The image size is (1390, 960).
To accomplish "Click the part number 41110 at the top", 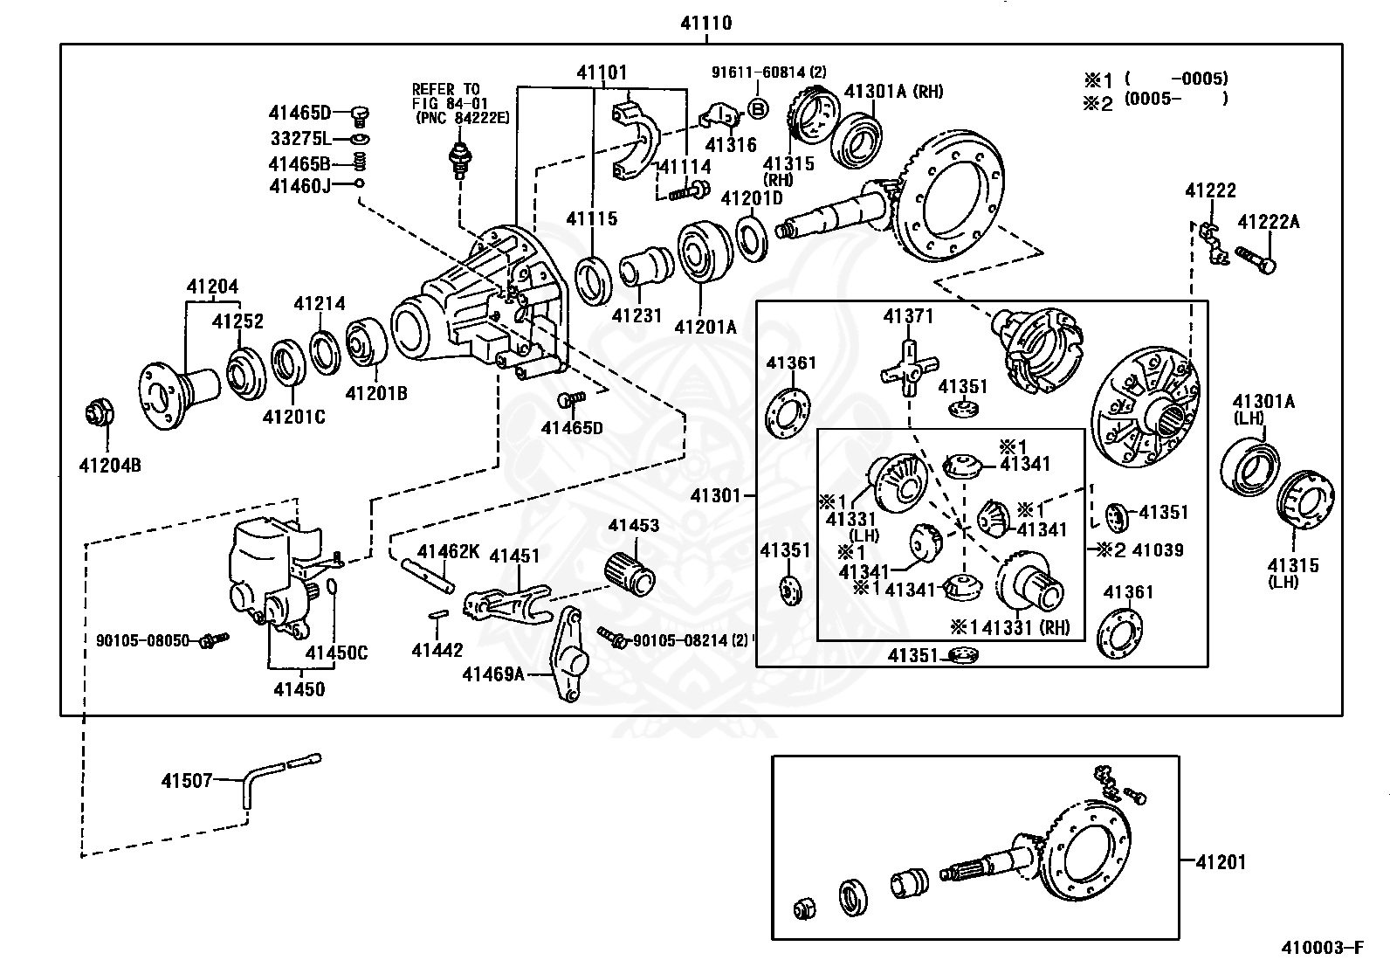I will click(x=706, y=24).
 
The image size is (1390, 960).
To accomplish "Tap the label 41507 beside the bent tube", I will click(x=186, y=780).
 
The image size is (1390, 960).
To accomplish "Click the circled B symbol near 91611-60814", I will click(x=758, y=108).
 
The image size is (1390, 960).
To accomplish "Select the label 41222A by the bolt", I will click(x=1268, y=222).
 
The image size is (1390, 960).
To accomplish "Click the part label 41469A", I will click(x=493, y=673).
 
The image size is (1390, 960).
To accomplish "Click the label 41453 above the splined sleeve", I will click(x=634, y=526).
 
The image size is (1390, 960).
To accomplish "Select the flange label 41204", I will click(x=212, y=287).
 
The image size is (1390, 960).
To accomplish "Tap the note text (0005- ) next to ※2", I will click(x=1175, y=99).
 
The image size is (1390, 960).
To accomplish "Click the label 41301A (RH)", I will click(x=893, y=91).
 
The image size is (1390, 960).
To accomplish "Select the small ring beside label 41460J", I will click(x=359, y=183).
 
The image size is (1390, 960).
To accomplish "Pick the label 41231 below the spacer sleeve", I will click(x=638, y=314).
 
